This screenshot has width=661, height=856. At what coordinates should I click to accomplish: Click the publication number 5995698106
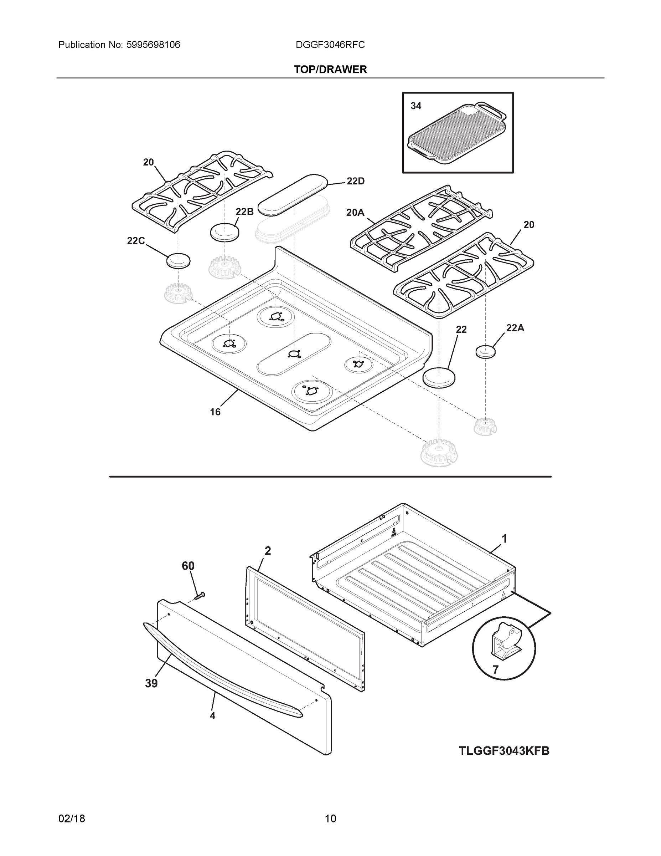pos(153,45)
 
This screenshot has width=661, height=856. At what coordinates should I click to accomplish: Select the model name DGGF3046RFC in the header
pos(330,45)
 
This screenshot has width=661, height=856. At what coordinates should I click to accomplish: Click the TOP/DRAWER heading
pos(330,70)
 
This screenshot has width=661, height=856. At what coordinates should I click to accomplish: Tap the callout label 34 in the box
pos(415,106)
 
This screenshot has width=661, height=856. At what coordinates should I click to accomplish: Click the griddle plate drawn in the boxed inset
pos(456,135)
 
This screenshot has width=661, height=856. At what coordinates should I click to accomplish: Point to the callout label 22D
pos(355,181)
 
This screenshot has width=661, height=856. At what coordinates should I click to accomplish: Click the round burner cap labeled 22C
pos(179,261)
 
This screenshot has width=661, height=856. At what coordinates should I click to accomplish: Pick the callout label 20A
pos(355,213)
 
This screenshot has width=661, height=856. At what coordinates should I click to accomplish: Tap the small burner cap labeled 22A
pos(485,352)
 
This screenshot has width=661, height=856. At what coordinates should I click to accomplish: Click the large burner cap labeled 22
pos(439,377)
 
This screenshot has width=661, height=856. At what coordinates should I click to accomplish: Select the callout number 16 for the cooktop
pos(215,412)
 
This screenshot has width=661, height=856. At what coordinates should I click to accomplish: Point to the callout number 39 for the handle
pos(151,683)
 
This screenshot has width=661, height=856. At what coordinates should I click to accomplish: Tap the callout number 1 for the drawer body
pos(504,539)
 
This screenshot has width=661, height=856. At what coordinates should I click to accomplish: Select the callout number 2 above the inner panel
pos(268,551)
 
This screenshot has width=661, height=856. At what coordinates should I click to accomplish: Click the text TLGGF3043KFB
pos(504,751)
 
